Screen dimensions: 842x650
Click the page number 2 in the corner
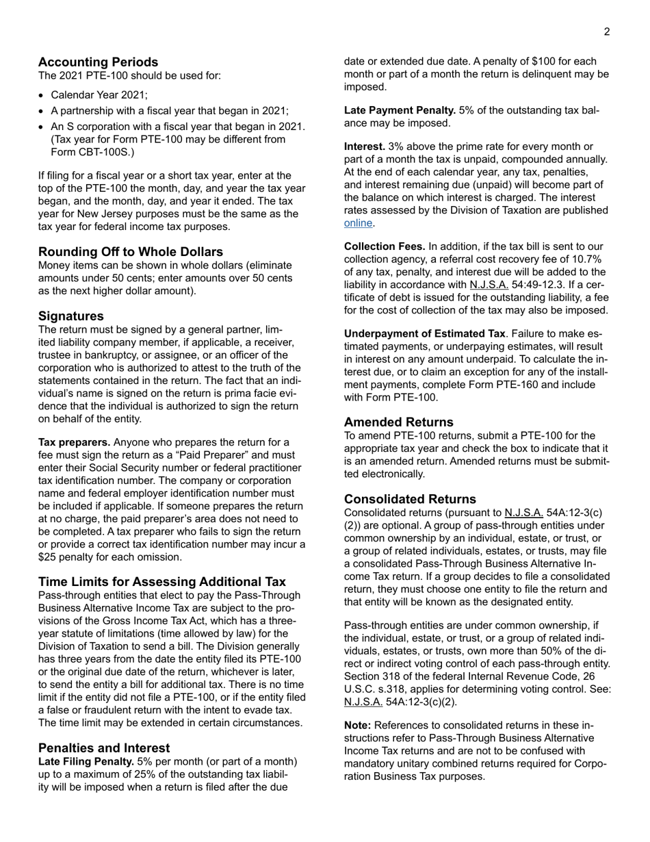click(x=607, y=31)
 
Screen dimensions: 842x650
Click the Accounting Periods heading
click(x=98, y=62)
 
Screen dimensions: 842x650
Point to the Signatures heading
click(x=71, y=316)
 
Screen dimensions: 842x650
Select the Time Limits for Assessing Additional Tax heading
click(x=162, y=581)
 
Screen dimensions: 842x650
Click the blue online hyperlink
click(x=358, y=223)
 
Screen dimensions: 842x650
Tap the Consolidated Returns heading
click(x=410, y=498)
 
